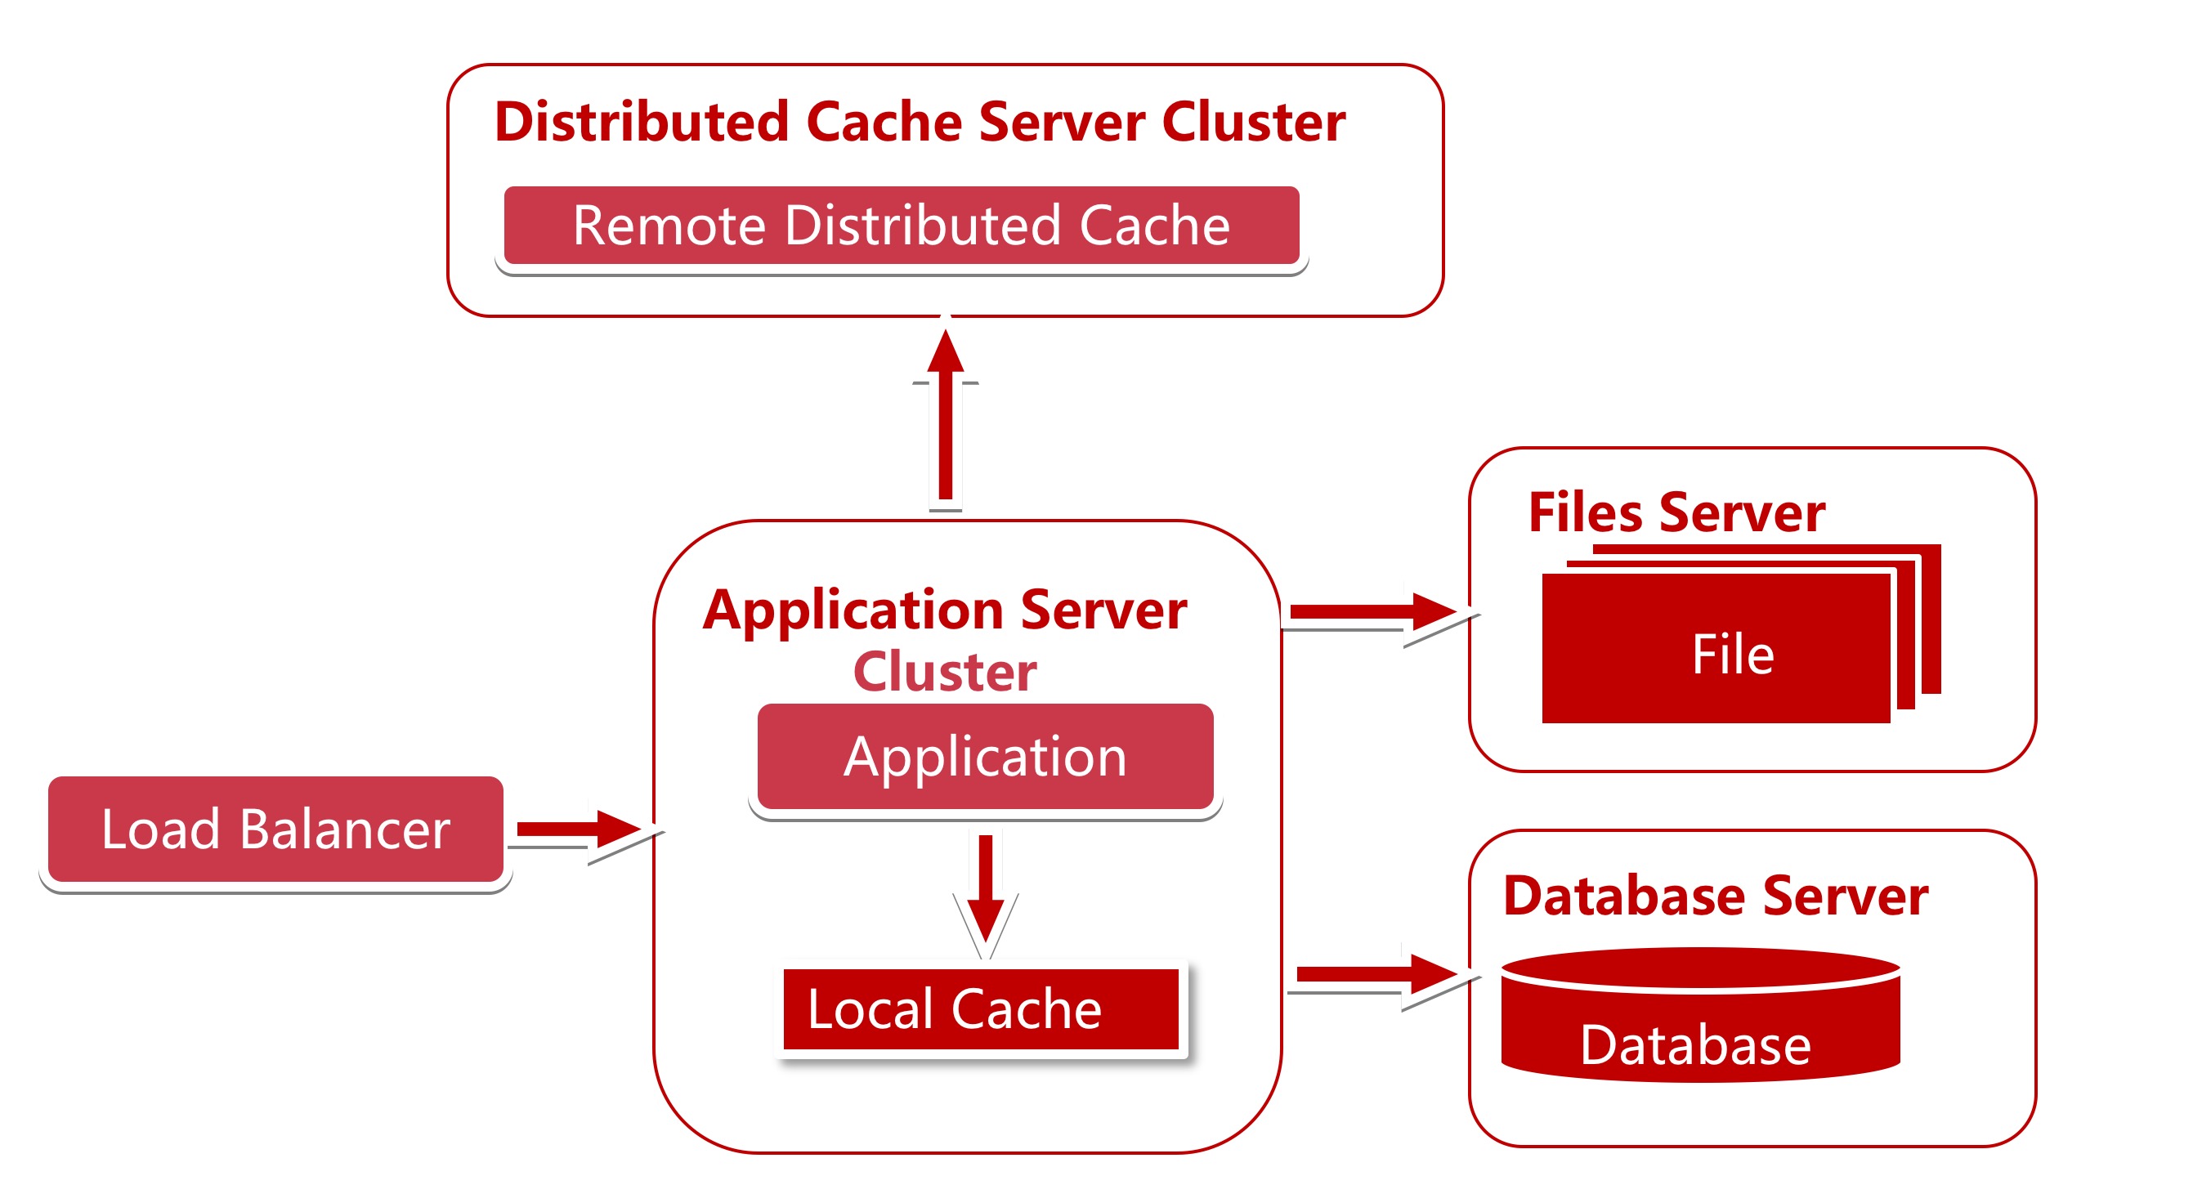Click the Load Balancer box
point(275,829)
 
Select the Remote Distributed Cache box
point(901,225)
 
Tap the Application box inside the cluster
point(985,756)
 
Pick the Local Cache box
point(981,1008)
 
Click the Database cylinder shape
point(1700,1015)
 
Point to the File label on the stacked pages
point(1733,655)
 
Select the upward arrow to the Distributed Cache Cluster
point(946,414)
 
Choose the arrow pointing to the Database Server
point(1377,974)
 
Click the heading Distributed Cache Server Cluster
point(920,122)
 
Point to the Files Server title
point(1676,513)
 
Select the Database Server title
point(1716,896)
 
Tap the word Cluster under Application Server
point(945,672)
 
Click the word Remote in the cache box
point(669,226)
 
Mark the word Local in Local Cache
point(871,1010)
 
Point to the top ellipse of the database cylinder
point(1700,968)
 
